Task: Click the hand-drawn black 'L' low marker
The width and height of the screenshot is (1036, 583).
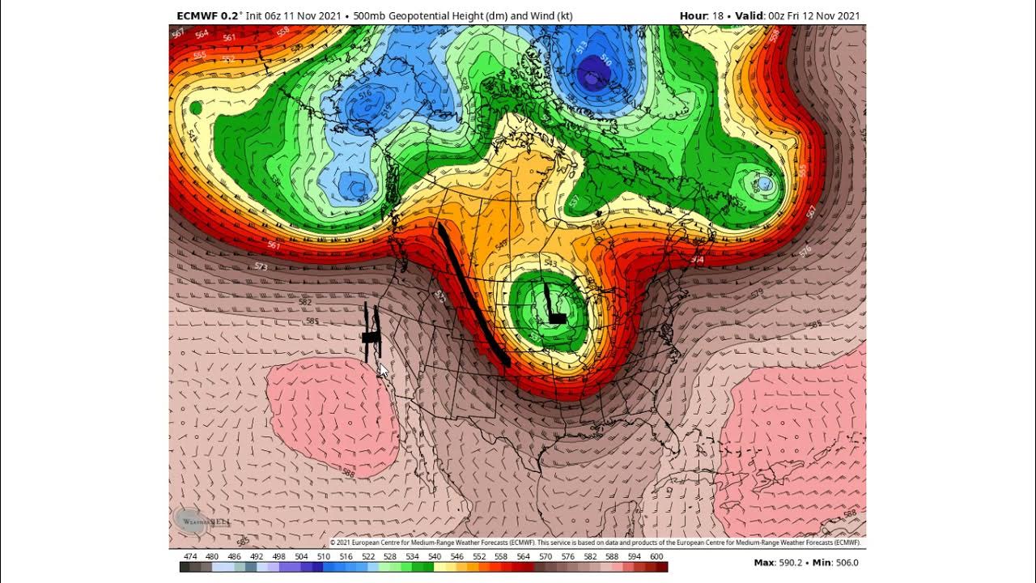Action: coord(554,305)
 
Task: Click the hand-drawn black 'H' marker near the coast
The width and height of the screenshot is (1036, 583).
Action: coord(372,334)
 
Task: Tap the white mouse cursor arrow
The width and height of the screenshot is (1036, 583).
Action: coord(383,370)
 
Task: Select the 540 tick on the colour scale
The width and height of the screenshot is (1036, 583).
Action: coord(434,557)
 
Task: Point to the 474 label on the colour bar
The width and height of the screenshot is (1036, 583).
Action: coord(190,557)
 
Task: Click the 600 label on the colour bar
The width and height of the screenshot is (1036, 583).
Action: coord(656,557)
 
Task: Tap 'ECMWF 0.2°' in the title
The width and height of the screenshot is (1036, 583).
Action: coord(210,15)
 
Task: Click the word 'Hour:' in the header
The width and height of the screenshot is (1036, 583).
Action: coord(694,15)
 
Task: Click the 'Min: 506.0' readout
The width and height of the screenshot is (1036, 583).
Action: coord(834,563)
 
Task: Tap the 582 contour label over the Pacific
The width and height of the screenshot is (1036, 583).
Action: coord(304,301)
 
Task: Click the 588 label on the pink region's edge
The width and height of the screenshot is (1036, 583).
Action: coord(348,473)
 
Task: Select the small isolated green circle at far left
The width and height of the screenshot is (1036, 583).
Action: coord(195,108)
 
